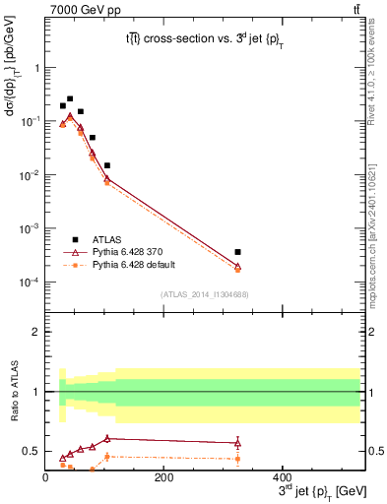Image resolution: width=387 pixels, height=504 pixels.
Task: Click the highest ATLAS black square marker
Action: [x=70, y=98]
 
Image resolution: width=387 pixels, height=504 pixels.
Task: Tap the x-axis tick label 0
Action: [x=45, y=476]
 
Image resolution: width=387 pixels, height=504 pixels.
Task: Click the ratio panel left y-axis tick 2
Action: [x=35, y=332]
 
